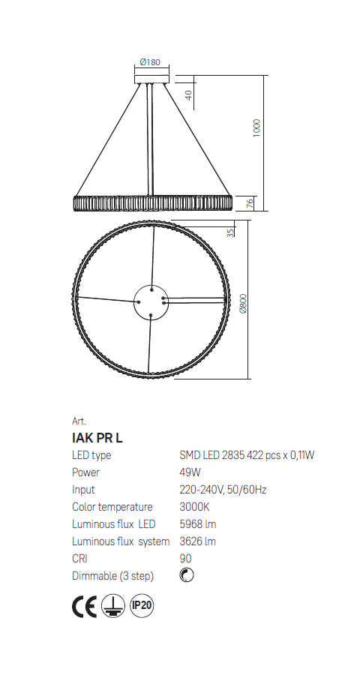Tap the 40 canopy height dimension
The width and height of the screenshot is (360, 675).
(189, 94)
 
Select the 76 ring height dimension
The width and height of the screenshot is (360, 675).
(251, 202)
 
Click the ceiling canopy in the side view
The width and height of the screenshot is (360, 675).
(153, 76)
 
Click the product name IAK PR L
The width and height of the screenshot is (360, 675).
(97, 438)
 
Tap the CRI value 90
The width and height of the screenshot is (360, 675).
(185, 559)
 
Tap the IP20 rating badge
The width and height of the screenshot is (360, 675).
(142, 604)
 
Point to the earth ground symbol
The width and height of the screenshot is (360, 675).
(112, 605)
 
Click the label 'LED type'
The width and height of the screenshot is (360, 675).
(91, 455)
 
